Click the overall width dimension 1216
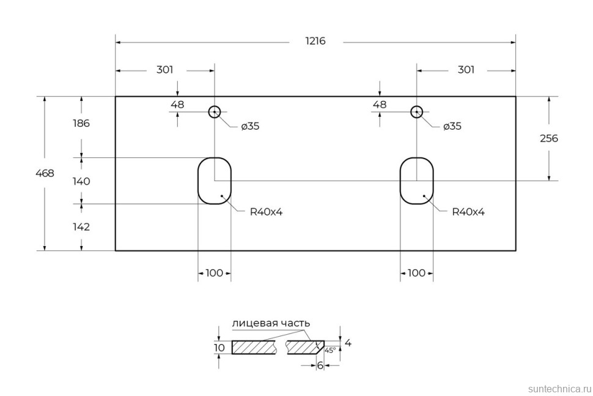point(315,42)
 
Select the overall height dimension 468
point(45,173)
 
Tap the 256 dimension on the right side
point(548,138)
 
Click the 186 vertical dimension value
point(81,123)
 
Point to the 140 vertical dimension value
point(81,181)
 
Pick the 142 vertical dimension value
point(81,226)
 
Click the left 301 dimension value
point(164,70)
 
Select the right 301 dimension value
point(466,70)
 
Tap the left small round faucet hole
point(214,112)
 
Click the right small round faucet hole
point(417,112)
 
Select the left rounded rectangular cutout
point(214,181)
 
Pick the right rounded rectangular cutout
point(417,181)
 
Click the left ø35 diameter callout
point(250,126)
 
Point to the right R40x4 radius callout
point(468,212)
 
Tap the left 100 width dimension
point(214,273)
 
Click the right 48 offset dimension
point(380,104)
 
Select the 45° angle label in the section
point(330,350)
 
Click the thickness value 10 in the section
point(219,348)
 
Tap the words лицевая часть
point(271,323)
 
